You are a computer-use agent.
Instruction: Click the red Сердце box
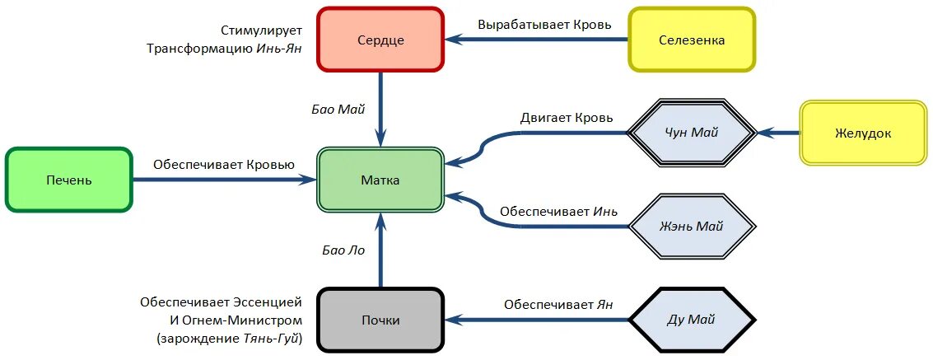click(x=380, y=40)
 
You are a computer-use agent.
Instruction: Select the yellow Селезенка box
click(x=692, y=40)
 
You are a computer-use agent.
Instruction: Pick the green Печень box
click(x=69, y=180)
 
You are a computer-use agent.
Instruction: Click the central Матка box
click(x=380, y=180)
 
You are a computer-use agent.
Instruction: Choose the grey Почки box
click(x=380, y=320)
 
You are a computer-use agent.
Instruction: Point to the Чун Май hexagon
click(x=692, y=133)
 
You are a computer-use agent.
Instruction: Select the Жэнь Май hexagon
click(x=692, y=227)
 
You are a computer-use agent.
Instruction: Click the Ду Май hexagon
click(x=692, y=320)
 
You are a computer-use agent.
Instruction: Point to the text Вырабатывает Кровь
click(x=544, y=24)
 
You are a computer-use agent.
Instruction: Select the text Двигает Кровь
click(x=567, y=118)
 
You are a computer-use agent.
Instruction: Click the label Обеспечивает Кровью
click(x=223, y=164)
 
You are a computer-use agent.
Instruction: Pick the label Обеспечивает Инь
click(x=558, y=211)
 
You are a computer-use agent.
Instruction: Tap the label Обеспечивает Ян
click(x=558, y=304)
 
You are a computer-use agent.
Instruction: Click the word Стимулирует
click(x=260, y=30)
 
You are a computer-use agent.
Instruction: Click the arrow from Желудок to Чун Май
click(x=778, y=133)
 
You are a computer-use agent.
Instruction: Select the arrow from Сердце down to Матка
click(x=380, y=107)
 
